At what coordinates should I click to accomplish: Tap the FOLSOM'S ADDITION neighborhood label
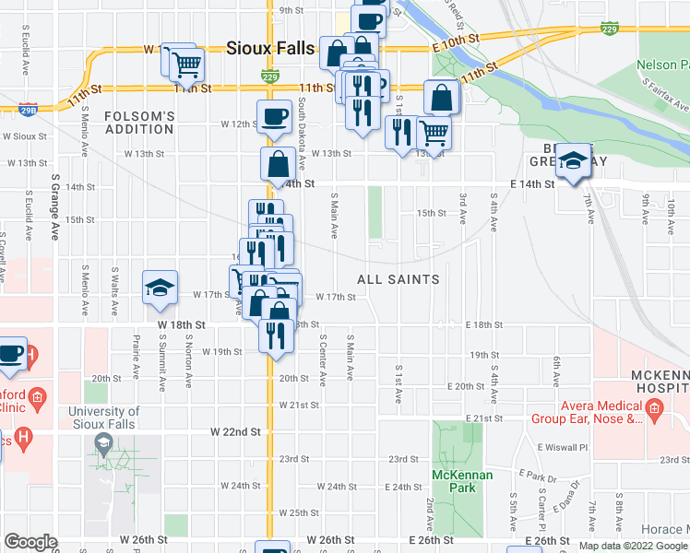pyautogui.click(x=139, y=124)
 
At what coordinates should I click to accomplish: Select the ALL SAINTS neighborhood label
pyautogui.click(x=398, y=278)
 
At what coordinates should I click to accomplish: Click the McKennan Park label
pyautogui.click(x=462, y=481)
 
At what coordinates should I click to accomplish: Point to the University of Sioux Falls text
pyautogui.click(x=102, y=418)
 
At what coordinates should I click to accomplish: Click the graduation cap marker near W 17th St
pyautogui.click(x=160, y=288)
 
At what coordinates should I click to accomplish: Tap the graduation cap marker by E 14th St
pyautogui.click(x=572, y=160)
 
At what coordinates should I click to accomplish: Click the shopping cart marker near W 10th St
pyautogui.click(x=186, y=65)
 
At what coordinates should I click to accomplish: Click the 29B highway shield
pyautogui.click(x=29, y=110)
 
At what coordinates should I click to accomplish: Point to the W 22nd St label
pyautogui.click(x=235, y=431)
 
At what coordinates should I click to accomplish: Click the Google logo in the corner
pyautogui.click(x=30, y=542)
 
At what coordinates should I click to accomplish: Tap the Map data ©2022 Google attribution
pyautogui.click(x=633, y=546)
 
